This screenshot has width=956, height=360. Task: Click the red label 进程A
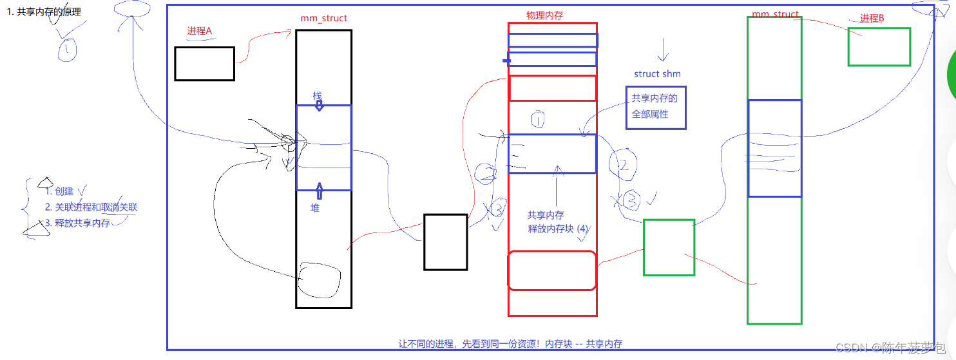coord(199,31)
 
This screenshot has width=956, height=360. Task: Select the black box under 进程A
coord(204,64)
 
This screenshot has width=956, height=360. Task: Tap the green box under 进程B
coord(879,46)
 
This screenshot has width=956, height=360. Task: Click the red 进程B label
coord(872,19)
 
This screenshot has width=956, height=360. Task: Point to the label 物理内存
coord(544,15)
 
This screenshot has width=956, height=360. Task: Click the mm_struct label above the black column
coord(323,18)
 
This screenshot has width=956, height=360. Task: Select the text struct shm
coord(657,74)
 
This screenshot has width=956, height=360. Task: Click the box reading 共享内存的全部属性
coord(656,108)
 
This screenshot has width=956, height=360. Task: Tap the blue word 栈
coord(317,95)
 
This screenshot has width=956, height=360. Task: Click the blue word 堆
coord(315,208)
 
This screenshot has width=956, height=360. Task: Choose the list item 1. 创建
coord(59,191)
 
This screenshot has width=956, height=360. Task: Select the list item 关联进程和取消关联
coord(91,207)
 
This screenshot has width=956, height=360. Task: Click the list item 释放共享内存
coord(77,223)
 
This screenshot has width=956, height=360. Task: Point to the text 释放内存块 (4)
coord(558,229)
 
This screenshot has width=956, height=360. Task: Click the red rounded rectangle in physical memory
coord(551,270)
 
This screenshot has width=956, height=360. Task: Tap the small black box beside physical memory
coord(445,242)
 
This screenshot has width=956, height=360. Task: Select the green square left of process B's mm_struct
coord(669,247)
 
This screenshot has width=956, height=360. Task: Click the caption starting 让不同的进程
coord(510,344)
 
